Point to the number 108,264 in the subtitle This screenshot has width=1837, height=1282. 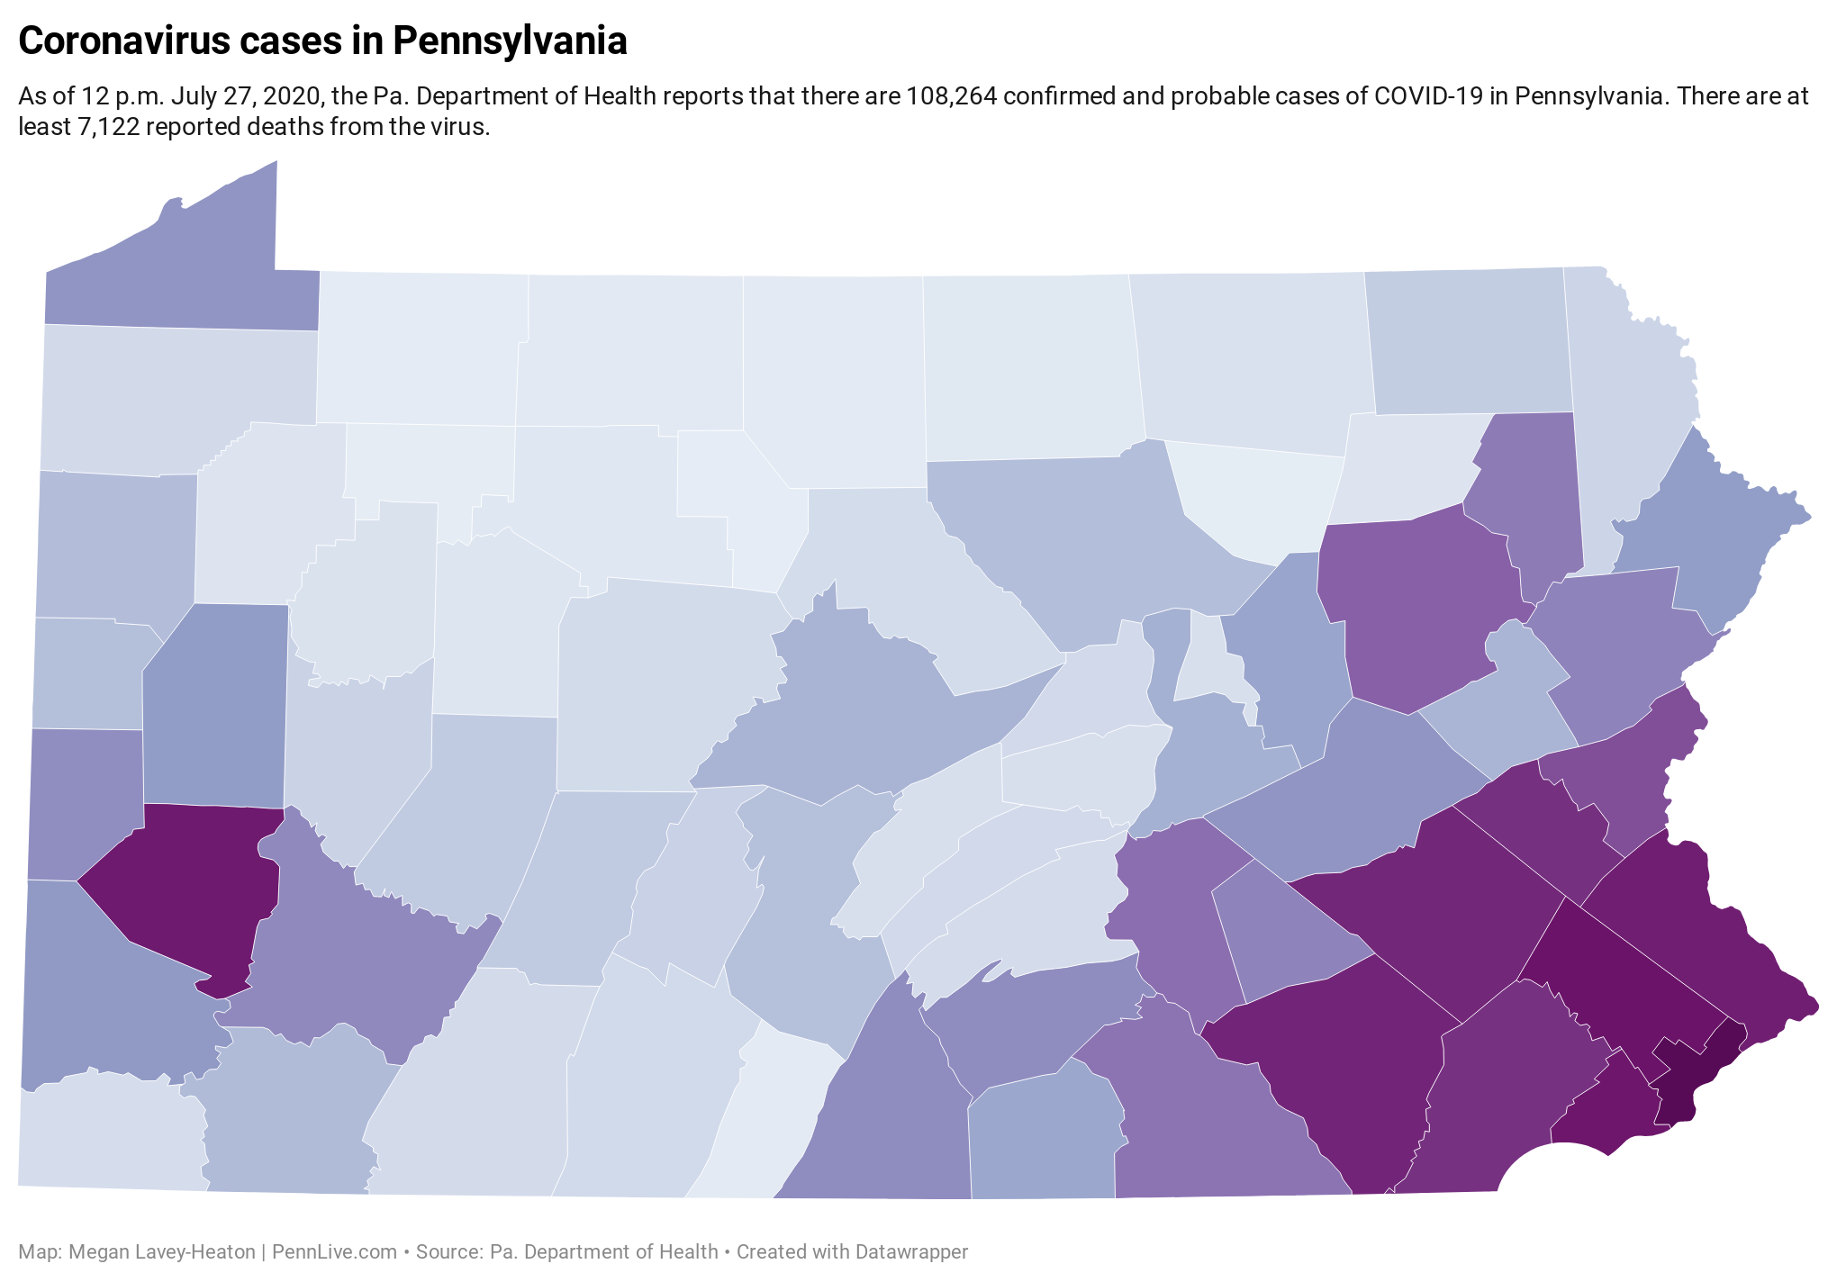click(x=951, y=96)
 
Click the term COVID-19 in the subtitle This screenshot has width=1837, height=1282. click(x=1428, y=96)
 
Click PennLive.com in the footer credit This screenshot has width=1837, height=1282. click(x=334, y=1251)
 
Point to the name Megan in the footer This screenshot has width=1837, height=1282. click(x=96, y=1251)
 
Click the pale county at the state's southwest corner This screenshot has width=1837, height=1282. click(x=108, y=1134)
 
